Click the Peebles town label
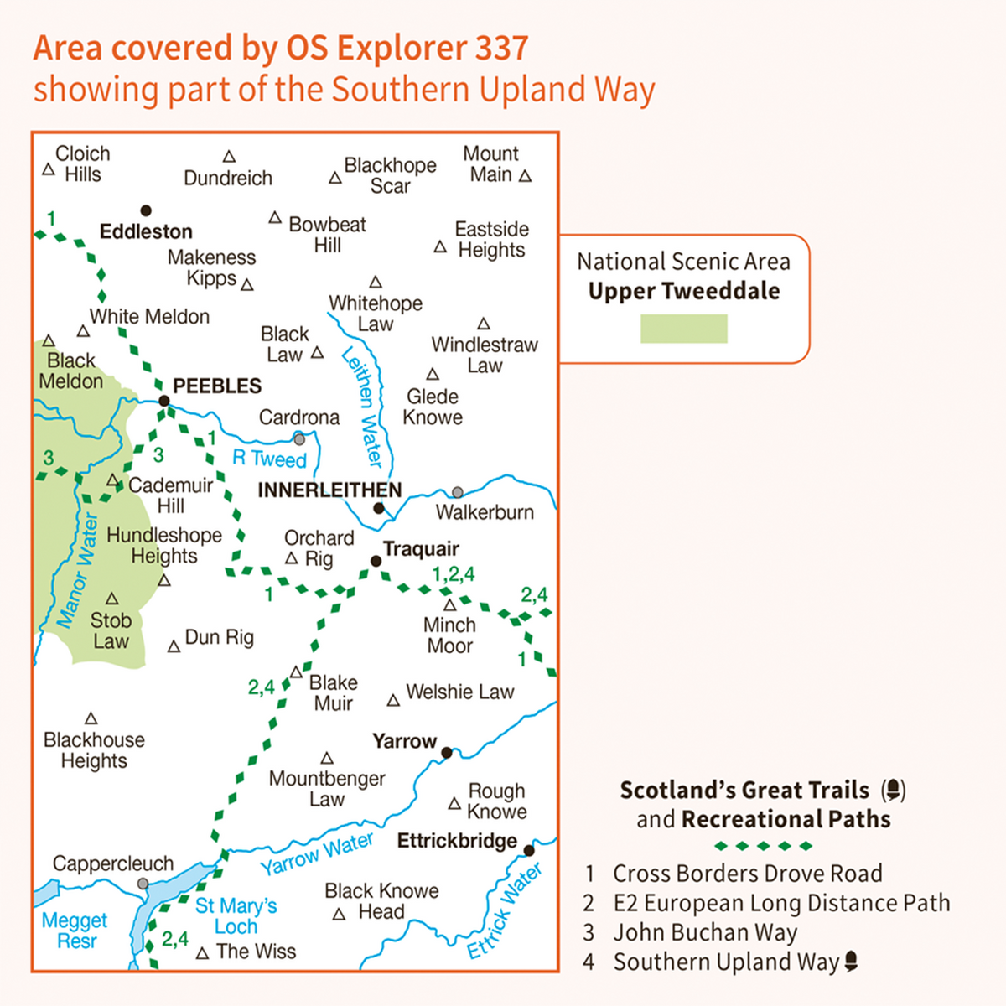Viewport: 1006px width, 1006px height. click(x=217, y=386)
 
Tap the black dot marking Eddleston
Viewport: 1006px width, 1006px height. click(x=146, y=210)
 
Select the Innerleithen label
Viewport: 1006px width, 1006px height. click(x=329, y=490)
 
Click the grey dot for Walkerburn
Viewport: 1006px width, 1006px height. click(x=457, y=492)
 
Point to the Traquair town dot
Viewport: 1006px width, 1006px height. click(x=376, y=561)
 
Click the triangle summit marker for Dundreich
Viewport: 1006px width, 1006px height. click(x=229, y=157)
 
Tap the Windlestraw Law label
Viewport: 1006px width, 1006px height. click(x=484, y=355)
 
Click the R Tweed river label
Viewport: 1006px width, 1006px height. click(x=269, y=458)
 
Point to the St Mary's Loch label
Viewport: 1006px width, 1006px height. click(x=236, y=915)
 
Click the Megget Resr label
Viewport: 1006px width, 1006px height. click(x=75, y=931)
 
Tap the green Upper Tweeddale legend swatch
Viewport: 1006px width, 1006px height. click(x=683, y=329)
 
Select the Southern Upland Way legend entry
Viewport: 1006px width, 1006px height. click(x=726, y=962)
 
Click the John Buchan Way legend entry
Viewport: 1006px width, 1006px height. click(x=704, y=932)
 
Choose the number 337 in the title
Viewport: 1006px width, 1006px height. click(x=501, y=49)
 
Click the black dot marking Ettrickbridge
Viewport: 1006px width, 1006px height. click(x=529, y=850)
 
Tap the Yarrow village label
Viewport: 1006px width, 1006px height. click(x=405, y=741)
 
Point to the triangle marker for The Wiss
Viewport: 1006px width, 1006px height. click(x=202, y=954)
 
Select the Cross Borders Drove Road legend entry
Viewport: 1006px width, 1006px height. click(x=746, y=874)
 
